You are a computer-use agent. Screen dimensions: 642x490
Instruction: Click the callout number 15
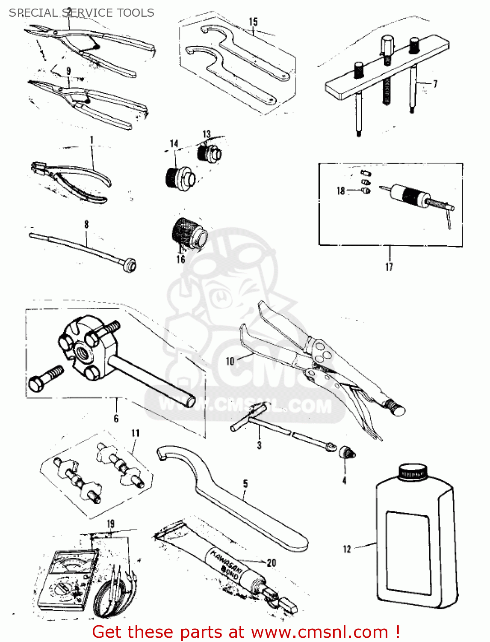(253, 21)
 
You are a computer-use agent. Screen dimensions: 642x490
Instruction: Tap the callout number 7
(435, 83)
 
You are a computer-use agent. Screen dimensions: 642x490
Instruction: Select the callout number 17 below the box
(389, 267)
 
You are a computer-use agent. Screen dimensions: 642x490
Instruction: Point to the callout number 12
(347, 549)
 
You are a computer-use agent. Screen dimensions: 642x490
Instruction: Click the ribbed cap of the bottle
(413, 471)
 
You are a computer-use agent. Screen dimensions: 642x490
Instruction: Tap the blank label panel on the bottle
(408, 552)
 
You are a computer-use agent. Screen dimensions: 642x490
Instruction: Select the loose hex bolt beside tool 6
(44, 378)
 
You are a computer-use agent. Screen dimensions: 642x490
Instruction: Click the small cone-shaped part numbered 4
(347, 452)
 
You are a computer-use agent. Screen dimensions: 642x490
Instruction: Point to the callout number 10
(230, 361)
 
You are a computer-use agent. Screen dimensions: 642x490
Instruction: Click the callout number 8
(86, 224)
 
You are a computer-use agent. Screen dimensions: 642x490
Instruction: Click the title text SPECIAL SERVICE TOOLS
(81, 13)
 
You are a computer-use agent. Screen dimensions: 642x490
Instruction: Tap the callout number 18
(340, 190)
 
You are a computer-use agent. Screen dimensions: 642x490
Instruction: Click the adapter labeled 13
(210, 152)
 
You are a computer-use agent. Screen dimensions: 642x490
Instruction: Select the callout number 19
(111, 523)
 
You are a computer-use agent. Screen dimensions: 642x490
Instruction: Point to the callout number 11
(136, 433)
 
